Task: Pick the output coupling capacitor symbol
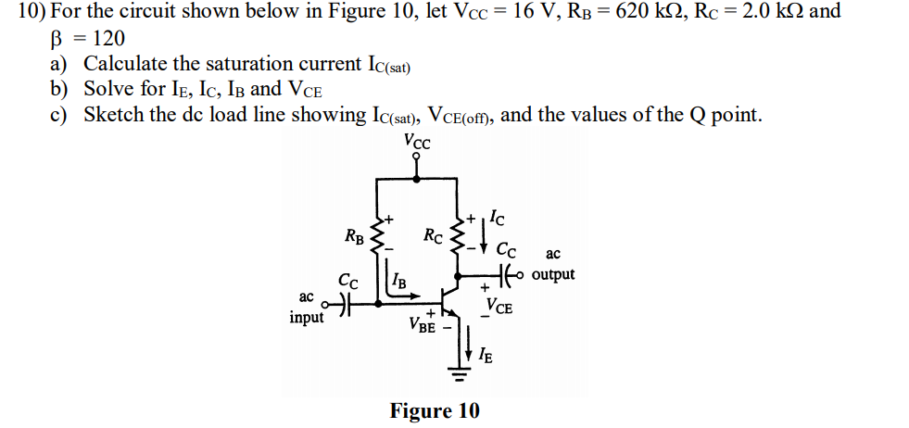505,274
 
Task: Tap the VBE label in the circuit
422,325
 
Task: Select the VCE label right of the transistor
499,307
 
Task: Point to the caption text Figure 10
435,410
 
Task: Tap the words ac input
306,308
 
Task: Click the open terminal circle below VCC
417,157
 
